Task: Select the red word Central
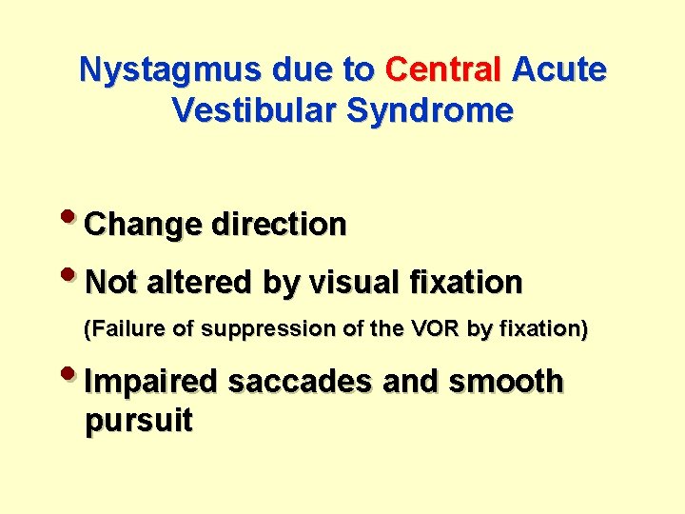(443, 70)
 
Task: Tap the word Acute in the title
(558, 70)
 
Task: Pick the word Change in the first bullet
(144, 226)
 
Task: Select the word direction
(279, 225)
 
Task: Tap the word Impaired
(152, 382)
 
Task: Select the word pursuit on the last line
(139, 421)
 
